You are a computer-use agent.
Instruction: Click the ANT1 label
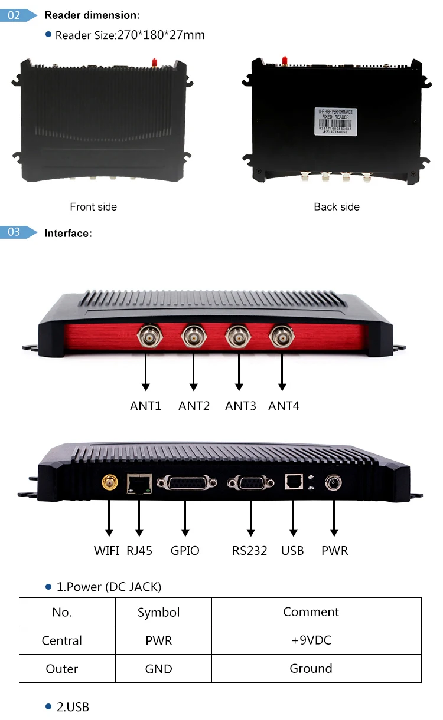tap(145, 406)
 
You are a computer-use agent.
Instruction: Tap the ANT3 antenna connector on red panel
tap(239, 337)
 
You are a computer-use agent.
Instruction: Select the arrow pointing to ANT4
tap(282, 371)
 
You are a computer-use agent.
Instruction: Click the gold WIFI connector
tap(109, 484)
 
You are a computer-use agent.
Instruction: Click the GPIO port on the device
tap(185, 483)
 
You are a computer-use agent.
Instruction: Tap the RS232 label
tap(249, 551)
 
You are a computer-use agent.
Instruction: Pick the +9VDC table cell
tap(311, 640)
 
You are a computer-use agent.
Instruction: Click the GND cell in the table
tap(158, 669)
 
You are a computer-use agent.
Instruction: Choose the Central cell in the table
tap(62, 640)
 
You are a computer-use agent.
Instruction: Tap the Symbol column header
tap(158, 612)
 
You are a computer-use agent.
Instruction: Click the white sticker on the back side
tap(335, 121)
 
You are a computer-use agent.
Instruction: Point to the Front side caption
tap(93, 207)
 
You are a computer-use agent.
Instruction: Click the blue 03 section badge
tap(14, 232)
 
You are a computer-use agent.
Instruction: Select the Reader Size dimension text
tap(130, 35)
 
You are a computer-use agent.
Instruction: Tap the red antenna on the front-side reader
tap(154, 61)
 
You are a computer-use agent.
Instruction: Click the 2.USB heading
tap(73, 706)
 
